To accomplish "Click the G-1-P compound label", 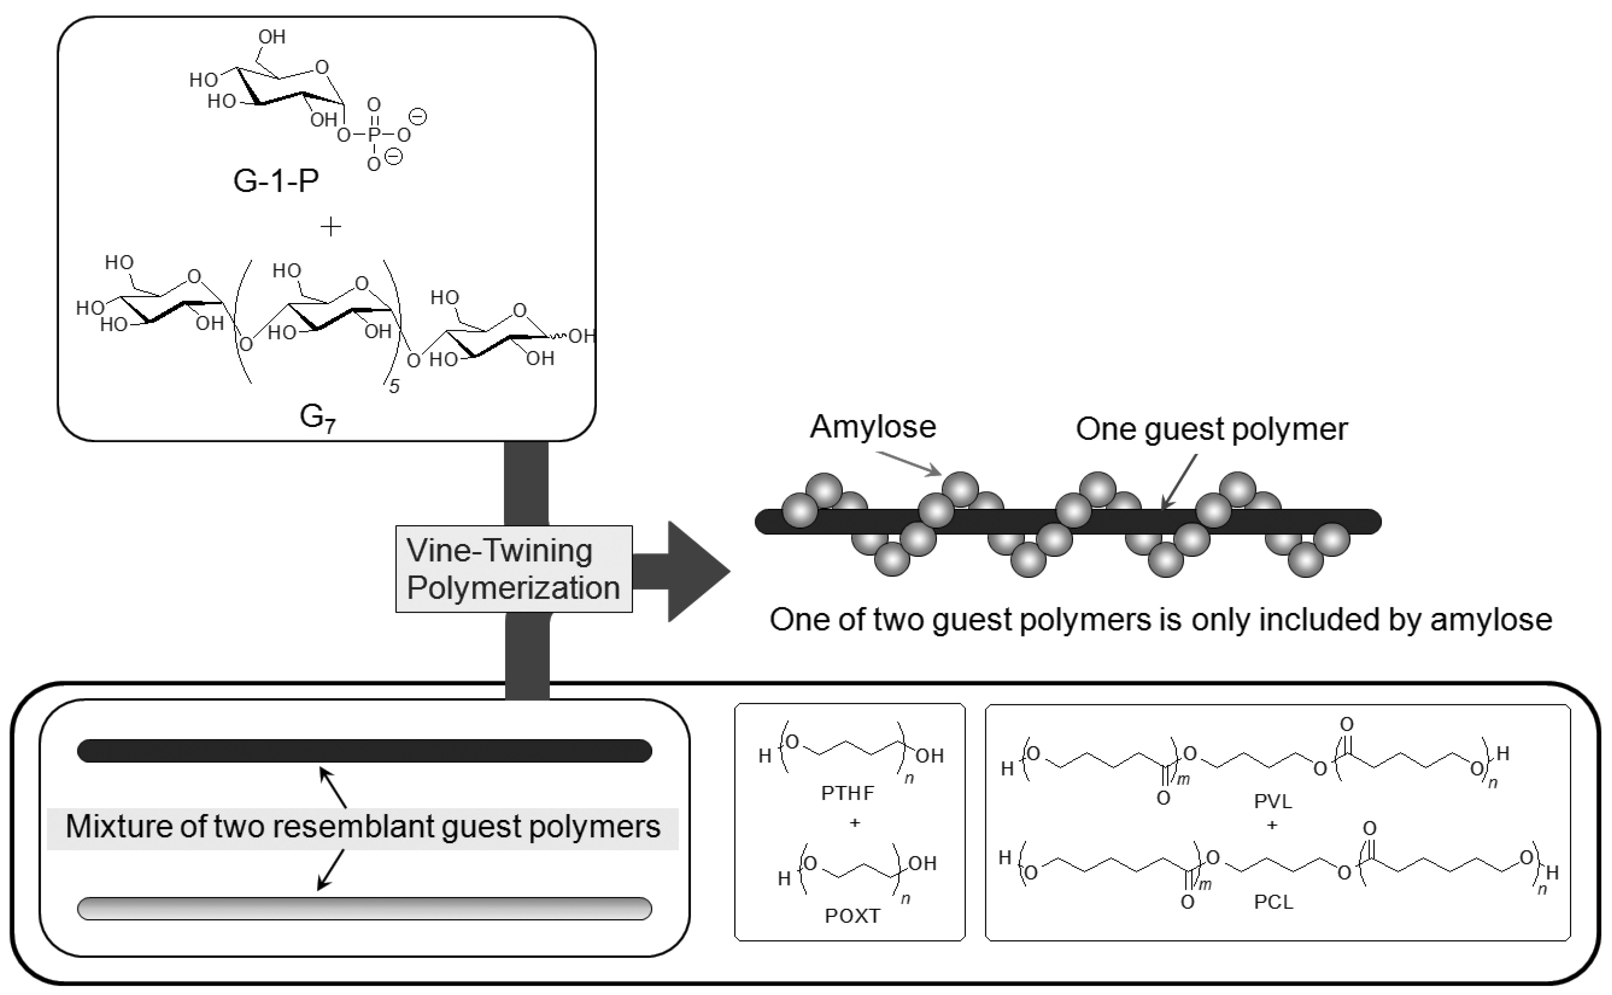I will (276, 181).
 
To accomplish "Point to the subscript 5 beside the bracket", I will (394, 386).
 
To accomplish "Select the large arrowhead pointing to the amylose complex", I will (697, 571).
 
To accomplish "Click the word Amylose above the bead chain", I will (873, 427).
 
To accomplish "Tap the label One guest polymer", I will (1211, 429).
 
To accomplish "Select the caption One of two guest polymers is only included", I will (1161, 620).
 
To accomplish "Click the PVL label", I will (1273, 802).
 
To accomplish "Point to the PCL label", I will (1273, 901).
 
